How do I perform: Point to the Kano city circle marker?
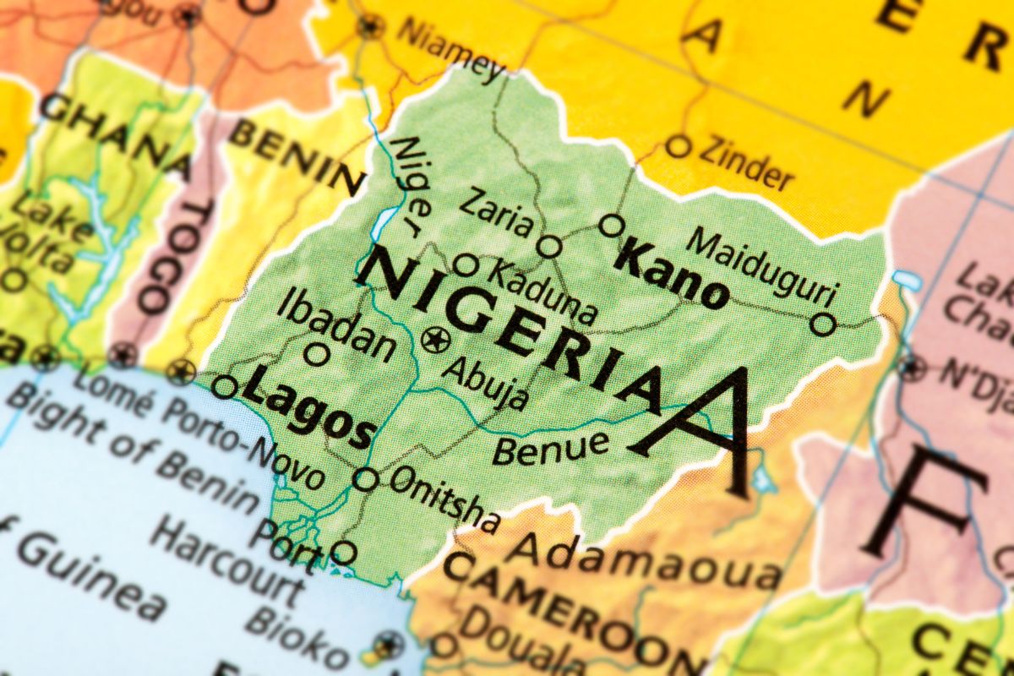(612, 226)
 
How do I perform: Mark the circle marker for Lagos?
(224, 387)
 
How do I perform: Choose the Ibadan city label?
(336, 324)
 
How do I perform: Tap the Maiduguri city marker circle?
(822, 324)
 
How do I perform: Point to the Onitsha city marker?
(365, 479)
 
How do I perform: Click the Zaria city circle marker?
(549, 247)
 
